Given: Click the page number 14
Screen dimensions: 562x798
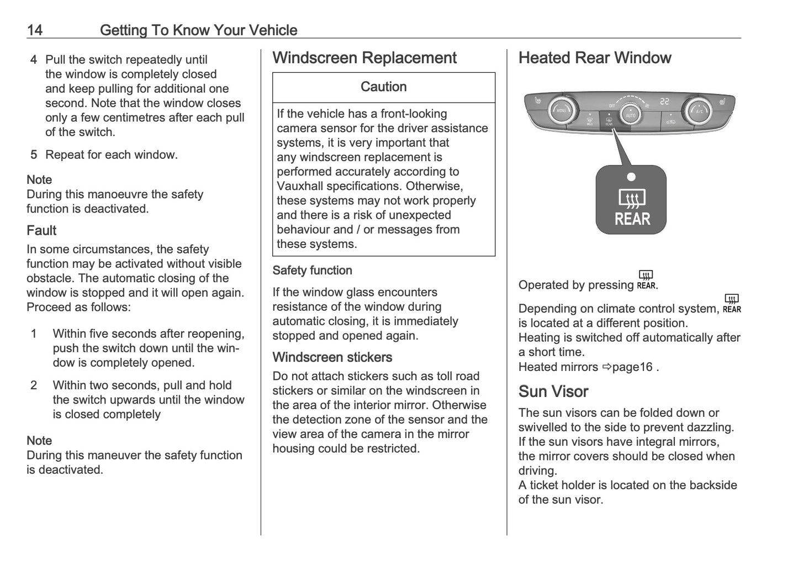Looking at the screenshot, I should coord(34,30).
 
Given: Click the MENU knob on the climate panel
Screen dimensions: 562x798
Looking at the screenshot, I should coord(561,110).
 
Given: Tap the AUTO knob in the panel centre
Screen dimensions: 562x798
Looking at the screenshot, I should coord(630,114).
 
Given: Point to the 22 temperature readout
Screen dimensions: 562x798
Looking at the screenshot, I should coord(664,102).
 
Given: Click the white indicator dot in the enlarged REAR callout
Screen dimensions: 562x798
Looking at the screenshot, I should coord(631,177).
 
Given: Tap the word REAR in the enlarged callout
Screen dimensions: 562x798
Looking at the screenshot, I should coord(632,220).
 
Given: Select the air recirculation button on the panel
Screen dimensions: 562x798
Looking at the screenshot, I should coord(670,121).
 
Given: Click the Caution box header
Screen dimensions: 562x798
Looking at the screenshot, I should coord(383,87).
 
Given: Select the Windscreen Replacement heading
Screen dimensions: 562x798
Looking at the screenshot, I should coord(364,58).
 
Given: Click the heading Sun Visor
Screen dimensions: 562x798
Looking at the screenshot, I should coord(553,391).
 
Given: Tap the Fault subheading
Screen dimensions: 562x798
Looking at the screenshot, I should coord(41,230).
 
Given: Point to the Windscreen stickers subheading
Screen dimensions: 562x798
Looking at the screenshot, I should coord(332,357).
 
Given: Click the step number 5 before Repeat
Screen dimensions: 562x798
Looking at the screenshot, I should coord(34,155).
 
